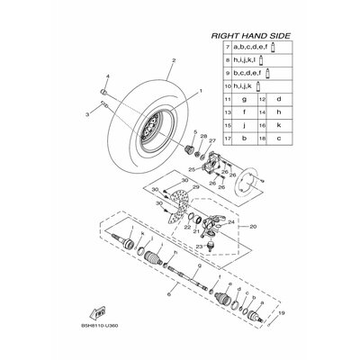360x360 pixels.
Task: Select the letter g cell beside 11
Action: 244,98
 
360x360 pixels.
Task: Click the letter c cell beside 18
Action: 280,139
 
